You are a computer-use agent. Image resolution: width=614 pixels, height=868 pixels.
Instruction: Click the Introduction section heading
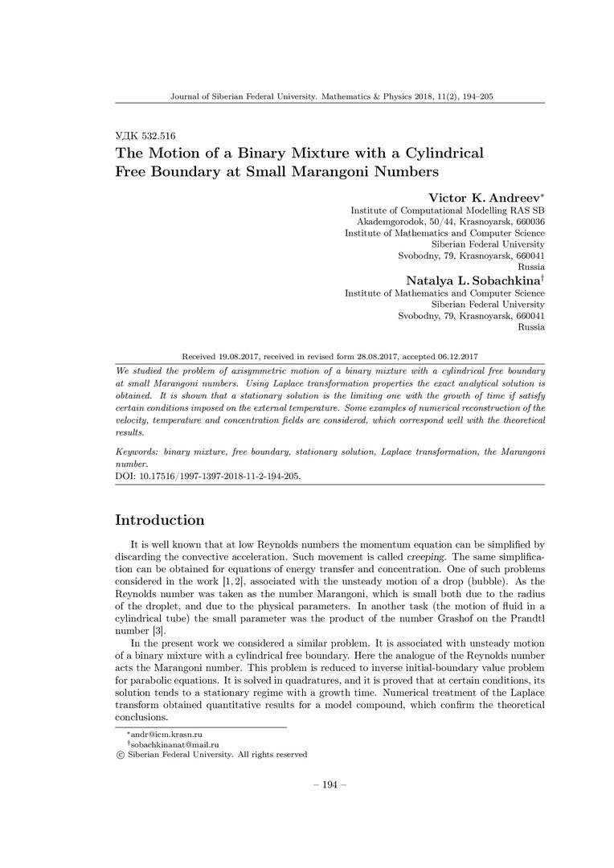[160, 520]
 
